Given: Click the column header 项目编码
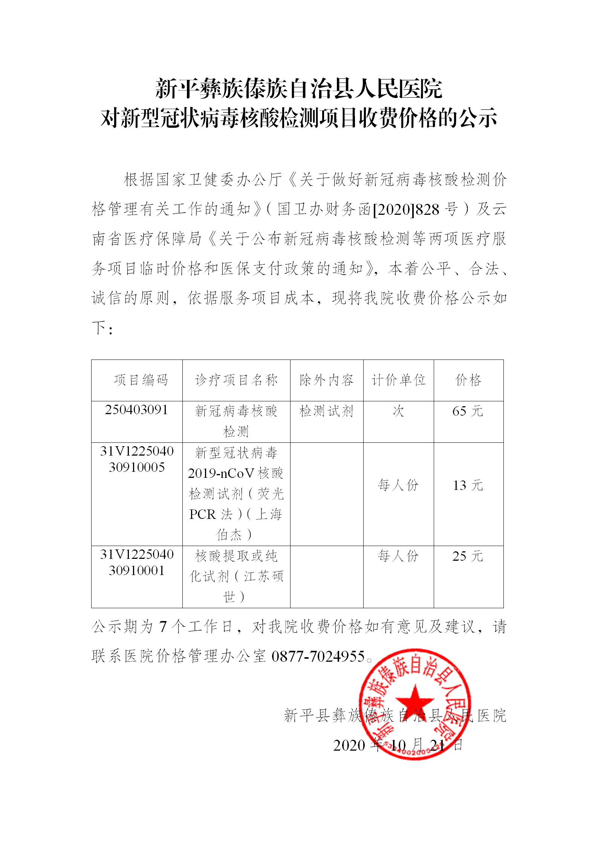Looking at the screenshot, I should click(141, 380).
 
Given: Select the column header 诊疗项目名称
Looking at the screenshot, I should click(236, 380).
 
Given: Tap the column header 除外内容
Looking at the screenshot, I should click(326, 380).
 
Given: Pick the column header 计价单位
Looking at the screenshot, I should click(398, 380).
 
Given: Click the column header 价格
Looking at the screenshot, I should click(468, 380).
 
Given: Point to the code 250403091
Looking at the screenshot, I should click(136, 410).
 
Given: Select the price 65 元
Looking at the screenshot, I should click(468, 411).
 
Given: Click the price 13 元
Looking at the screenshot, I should click(468, 485).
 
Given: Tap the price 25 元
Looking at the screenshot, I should click(468, 556).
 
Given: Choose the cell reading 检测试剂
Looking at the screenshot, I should click(326, 411).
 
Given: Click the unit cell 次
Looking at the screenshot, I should click(398, 411).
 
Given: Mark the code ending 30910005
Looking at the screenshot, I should click(137, 467).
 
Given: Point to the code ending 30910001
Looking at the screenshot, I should click(137, 571).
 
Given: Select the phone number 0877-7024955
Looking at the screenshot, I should click(318, 656).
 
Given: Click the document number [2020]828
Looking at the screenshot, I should click(406, 210).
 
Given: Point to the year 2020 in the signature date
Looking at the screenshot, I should click(349, 745).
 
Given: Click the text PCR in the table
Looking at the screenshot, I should click(202, 514).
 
